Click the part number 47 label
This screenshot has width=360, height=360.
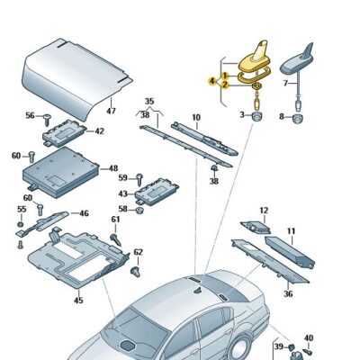click(111, 112)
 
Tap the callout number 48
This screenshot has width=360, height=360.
click(112, 168)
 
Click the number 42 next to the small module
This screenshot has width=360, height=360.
click(99, 131)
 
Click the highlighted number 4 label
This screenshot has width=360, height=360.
click(212, 81)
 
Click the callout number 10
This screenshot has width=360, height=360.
click(195, 118)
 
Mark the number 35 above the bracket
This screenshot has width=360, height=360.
click(149, 101)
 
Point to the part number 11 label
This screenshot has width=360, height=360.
click(291, 231)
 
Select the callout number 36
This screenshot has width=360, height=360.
click(288, 293)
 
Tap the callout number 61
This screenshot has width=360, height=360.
click(115, 220)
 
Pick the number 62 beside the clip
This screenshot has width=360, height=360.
click(138, 252)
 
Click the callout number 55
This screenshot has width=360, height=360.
click(20, 209)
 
